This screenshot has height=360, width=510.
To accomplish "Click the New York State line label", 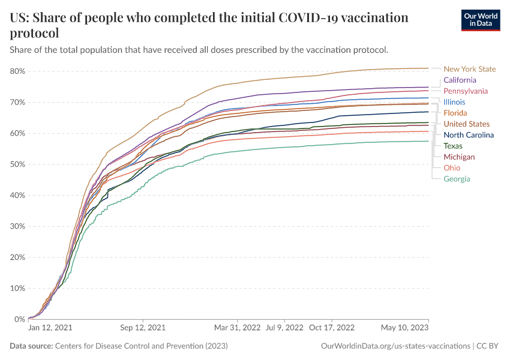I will tap(470, 69).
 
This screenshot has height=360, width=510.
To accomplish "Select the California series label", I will tap(460, 80).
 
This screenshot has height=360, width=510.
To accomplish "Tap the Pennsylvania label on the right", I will tap(465, 91).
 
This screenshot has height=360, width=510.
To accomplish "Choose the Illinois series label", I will tap(454, 102).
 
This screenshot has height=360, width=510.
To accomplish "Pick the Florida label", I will tap(455, 113).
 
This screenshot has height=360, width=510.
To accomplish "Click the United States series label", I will tap(466, 124).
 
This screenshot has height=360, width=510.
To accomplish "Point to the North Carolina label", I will tap(469, 135).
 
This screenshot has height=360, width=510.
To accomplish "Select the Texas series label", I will tap(452, 146).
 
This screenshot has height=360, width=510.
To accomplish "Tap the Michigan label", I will tap(459, 157).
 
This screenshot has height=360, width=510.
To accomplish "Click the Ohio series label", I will tap(452, 168).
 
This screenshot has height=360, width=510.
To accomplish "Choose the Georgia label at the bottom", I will tap(457, 179).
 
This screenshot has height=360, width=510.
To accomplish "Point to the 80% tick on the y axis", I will tap(17, 71).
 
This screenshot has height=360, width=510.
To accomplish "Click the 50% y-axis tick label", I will tap(17, 164).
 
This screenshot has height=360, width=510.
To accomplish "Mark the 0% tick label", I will tap(19, 319).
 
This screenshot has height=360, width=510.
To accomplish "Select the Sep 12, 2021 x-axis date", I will tap(143, 328).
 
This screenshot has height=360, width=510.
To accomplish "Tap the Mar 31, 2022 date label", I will tap(238, 328).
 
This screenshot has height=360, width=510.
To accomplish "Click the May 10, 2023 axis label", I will tap(404, 328).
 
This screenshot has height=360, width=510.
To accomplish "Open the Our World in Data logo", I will tap(480, 20).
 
